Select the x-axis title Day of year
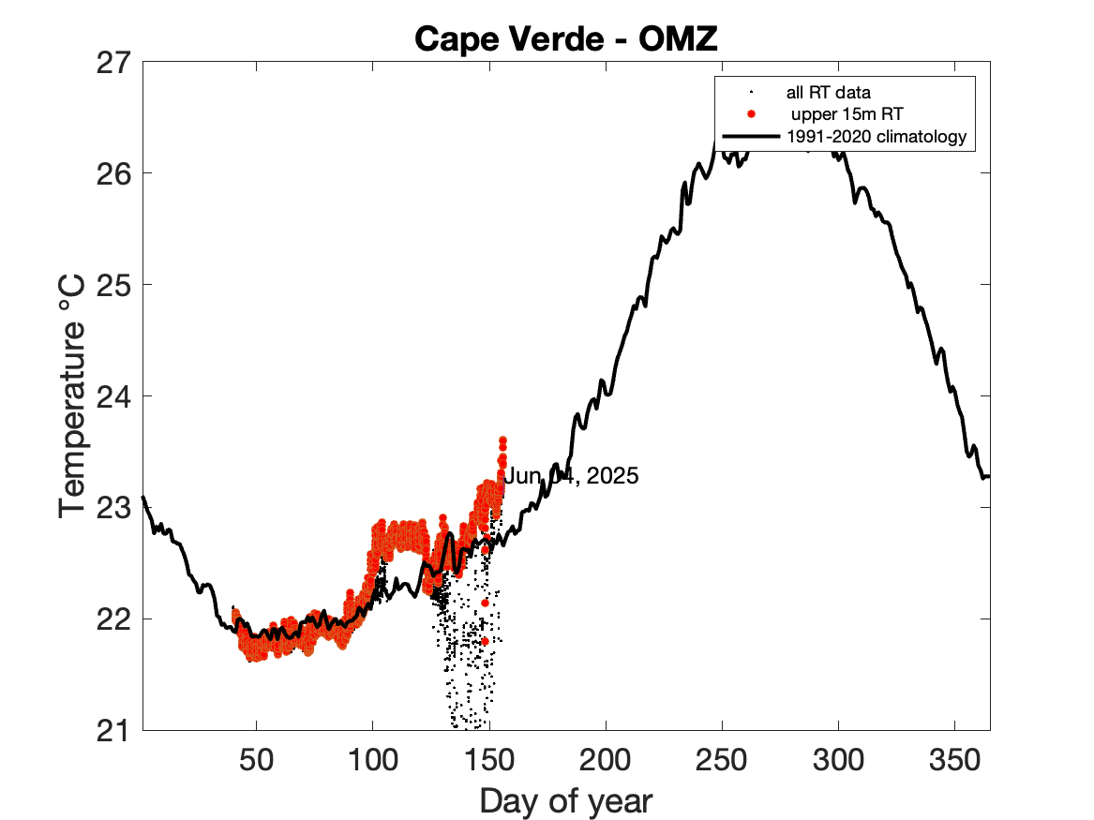[565, 801]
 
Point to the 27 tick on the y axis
[115, 63]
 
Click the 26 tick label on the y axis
[115, 174]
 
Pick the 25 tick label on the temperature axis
[115, 285]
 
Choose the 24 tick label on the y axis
[115, 396]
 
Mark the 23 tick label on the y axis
[115, 508]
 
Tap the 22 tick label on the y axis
[115, 619]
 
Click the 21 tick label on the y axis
[115, 730]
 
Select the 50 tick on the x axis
[256, 758]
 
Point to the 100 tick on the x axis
[372, 758]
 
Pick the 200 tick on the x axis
[606, 758]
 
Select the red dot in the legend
[750, 115]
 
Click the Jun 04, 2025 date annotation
[572, 476]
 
